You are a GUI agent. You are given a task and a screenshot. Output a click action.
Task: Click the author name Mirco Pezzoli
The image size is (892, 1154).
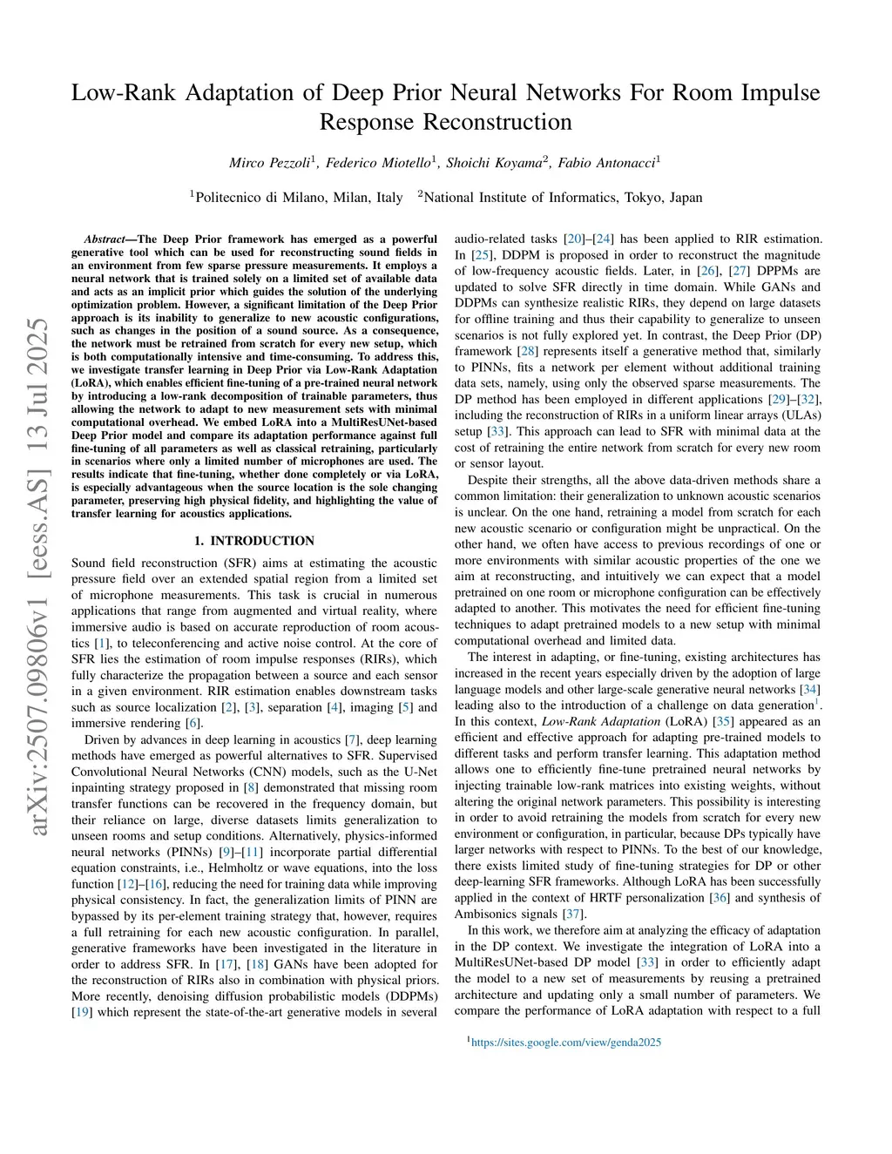tap(270, 163)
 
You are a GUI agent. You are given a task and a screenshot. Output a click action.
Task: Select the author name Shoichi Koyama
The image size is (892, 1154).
tap(494, 163)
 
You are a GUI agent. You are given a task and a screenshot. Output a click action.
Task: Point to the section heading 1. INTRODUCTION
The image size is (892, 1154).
tap(254, 541)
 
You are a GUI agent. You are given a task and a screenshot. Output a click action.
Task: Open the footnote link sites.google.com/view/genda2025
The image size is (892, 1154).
tap(566, 1043)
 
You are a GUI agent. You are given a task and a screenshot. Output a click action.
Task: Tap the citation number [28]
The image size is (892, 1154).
tap(527, 351)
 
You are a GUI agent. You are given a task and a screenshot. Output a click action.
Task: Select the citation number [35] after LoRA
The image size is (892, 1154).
tap(722, 722)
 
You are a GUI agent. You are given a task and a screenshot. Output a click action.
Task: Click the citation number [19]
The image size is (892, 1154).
tap(81, 1012)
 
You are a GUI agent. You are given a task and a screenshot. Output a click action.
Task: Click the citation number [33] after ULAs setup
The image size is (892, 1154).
tap(497, 431)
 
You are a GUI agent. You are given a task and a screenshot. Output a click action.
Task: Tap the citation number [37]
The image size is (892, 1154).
tap(571, 914)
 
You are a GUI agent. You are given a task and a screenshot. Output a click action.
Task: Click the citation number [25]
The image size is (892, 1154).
tap(481, 255)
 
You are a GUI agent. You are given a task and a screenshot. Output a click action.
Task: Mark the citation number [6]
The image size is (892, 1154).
tap(193, 724)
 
